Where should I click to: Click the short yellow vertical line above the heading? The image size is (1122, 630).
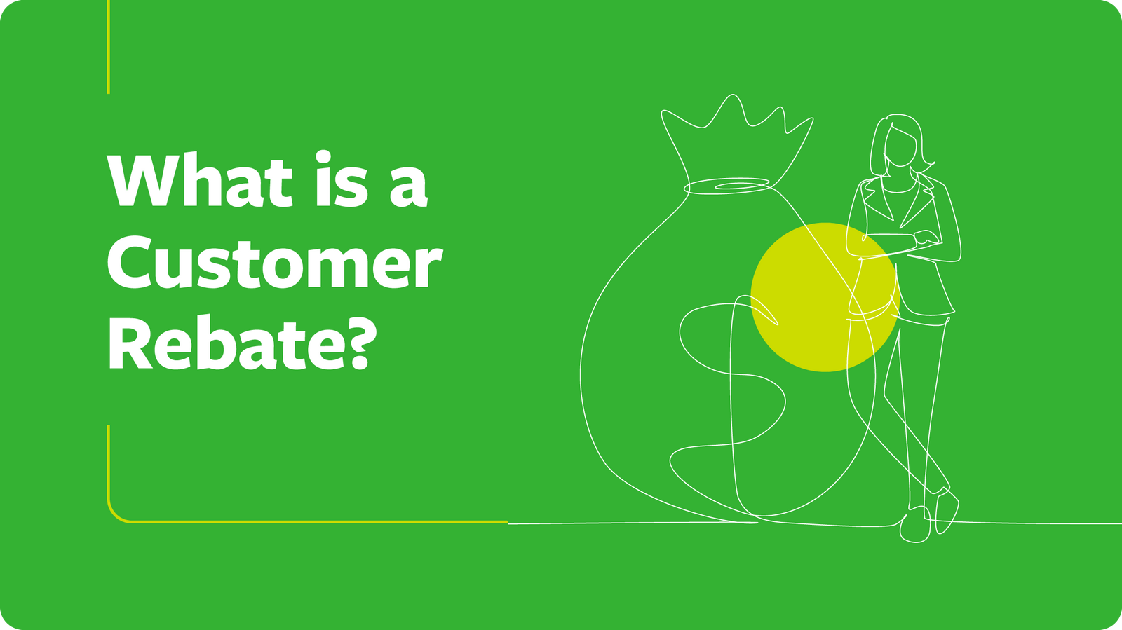[109, 46]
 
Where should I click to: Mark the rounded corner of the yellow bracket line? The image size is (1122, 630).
[114, 515]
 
